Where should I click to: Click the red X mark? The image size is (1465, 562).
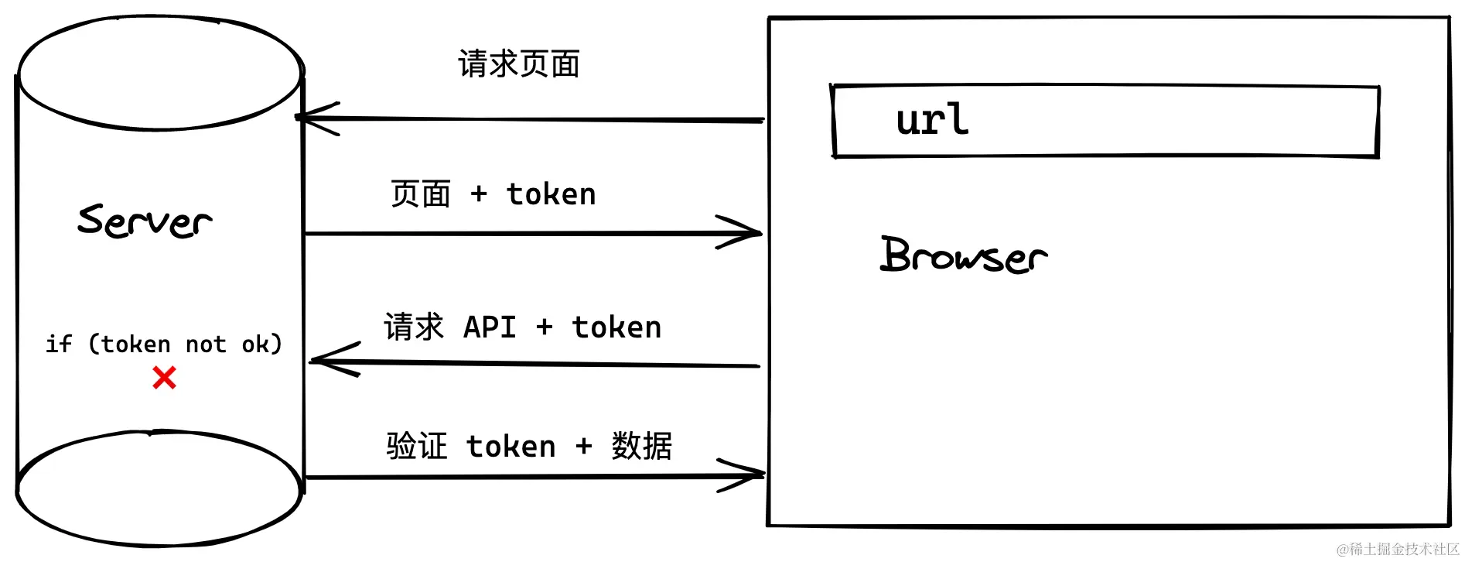pos(164,378)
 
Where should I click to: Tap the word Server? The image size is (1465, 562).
pos(145,221)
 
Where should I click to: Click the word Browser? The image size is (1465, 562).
pos(964,255)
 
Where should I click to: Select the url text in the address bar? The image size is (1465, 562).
pos(932,120)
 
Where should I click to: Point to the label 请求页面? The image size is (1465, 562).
pos(519,64)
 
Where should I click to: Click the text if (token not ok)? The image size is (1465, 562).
pos(164,344)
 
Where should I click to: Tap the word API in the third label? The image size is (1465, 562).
pos(490,327)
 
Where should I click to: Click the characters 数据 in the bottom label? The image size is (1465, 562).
pos(642,447)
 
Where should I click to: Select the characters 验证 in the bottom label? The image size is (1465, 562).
pos(417,447)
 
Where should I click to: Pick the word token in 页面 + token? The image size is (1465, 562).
pos(552,194)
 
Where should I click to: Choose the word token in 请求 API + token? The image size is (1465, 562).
pos(616,327)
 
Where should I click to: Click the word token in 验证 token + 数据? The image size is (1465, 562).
pos(511,447)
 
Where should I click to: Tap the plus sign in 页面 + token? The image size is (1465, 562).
pos(479,194)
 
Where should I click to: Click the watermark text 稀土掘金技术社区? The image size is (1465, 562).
pos(1403,550)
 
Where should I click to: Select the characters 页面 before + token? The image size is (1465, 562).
pos(421,194)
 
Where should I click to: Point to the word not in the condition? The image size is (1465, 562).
pos(206,344)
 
